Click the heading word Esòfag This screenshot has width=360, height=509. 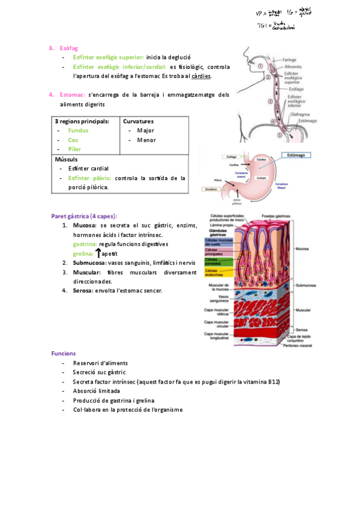(68, 47)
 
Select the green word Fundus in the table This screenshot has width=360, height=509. (78, 130)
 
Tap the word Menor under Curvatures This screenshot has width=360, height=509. (146, 140)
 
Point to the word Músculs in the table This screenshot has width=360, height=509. (66, 160)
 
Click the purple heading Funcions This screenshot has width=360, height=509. (64, 354)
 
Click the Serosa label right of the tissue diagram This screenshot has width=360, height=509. (302, 330)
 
